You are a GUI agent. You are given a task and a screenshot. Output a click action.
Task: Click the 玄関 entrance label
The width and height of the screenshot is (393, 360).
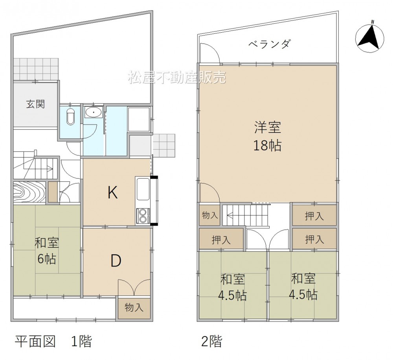pos(36,104)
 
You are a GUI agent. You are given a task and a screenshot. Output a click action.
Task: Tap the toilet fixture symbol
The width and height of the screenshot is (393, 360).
pos(71,117)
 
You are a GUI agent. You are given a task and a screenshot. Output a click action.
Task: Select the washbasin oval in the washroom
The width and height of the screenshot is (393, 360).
pos(94,112)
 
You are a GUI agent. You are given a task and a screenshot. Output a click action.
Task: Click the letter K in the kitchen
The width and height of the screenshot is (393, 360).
pos(112,193)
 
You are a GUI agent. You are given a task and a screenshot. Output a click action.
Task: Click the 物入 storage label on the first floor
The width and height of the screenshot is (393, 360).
pos(134,307)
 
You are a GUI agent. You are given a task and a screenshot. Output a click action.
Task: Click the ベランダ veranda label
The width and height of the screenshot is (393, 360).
pos(270,44)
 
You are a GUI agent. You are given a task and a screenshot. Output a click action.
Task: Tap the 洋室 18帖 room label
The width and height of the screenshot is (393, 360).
pos(268,136)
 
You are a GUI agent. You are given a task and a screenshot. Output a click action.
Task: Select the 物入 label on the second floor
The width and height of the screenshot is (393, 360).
pos(210,215)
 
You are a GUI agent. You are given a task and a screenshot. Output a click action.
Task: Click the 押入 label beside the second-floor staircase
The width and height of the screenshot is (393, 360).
pos(314,216)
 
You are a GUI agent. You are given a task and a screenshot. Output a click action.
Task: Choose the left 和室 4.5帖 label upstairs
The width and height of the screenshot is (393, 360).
pos(232,287)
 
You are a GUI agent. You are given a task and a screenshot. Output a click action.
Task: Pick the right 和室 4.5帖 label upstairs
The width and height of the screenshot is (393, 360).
pos(303,287)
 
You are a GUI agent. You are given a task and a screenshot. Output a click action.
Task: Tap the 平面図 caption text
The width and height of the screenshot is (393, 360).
pos(35,342)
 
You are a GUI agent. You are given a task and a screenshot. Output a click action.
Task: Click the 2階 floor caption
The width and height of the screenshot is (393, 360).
pos(212,341)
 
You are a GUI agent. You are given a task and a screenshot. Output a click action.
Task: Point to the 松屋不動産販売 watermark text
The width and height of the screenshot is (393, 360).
pos(177,77)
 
